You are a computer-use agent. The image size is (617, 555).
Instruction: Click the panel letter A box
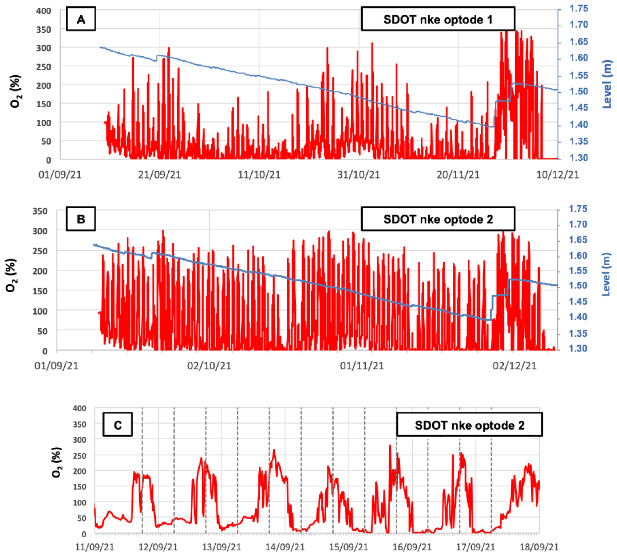point(81,19)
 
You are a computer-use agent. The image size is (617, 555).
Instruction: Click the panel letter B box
point(81,219)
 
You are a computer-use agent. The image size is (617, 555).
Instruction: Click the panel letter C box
point(118,425)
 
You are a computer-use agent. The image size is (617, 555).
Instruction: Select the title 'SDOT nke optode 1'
point(438,19)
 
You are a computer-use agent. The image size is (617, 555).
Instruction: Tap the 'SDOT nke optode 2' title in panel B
point(438,219)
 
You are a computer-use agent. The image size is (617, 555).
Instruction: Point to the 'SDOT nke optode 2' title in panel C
point(469,425)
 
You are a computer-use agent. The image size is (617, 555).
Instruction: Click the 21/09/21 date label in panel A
point(159,174)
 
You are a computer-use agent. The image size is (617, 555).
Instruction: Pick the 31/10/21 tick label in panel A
point(358,174)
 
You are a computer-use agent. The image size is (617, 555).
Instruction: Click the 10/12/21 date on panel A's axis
point(558,174)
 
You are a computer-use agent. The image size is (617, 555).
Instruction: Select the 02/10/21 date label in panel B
point(209,366)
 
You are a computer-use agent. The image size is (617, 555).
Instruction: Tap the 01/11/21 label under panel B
point(362,366)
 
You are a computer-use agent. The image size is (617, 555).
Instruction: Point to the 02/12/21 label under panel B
point(514,366)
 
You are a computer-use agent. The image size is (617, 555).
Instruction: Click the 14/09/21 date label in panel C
point(285,547)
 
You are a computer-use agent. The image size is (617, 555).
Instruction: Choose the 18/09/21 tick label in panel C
point(539,547)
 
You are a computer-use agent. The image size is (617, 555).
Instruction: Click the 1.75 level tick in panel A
point(579,9)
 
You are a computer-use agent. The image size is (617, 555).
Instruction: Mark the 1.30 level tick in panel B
point(578,349)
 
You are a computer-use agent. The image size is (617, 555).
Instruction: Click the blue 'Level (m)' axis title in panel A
point(606,84)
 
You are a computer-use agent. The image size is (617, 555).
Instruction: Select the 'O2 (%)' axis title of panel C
point(57,462)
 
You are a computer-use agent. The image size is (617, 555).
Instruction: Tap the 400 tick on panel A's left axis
point(44,11)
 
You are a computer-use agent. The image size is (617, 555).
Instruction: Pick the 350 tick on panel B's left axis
point(40,211)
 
